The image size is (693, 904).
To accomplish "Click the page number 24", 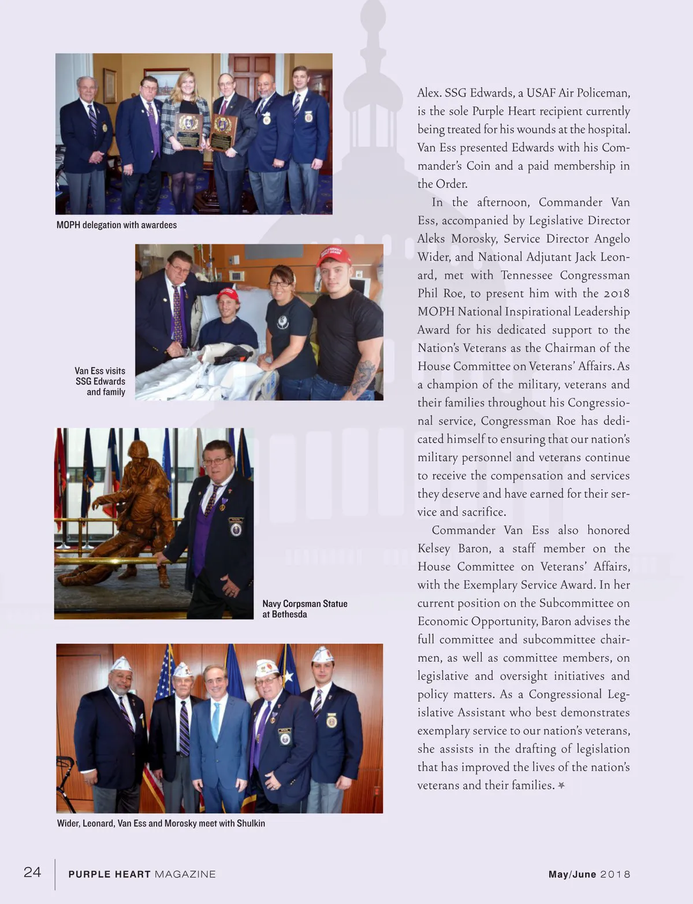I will [x=32, y=872].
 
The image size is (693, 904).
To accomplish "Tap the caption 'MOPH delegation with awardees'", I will [x=117, y=225].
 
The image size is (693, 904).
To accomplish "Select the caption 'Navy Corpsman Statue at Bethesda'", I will [x=304, y=609].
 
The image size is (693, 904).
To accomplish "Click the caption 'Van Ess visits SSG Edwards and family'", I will [x=100, y=381].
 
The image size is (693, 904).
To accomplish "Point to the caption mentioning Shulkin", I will [x=161, y=823].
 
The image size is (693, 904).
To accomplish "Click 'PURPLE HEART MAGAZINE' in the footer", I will [x=142, y=875].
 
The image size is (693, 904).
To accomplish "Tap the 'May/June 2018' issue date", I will [x=589, y=875].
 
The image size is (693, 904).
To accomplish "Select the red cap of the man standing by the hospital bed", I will [x=334, y=255].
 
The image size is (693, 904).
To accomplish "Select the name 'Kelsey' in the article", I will [x=434, y=548].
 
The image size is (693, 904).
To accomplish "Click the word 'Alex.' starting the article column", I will [x=429, y=93].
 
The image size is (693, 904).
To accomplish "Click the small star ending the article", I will [x=561, y=785].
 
